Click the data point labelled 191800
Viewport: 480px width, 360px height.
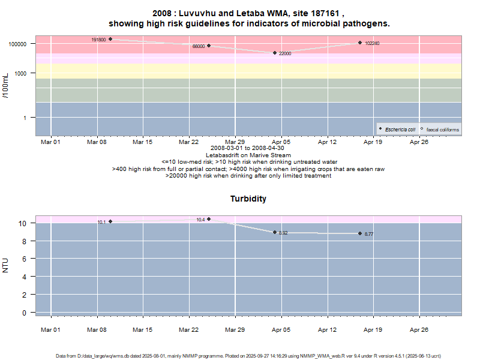pos(110,39)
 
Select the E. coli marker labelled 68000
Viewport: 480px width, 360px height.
pos(209,46)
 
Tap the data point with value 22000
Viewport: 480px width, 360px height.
pos(275,53)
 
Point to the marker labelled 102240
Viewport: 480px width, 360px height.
pos(360,43)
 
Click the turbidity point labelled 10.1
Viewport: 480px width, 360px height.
pos(110,221)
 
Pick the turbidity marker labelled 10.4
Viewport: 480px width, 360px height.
pos(209,219)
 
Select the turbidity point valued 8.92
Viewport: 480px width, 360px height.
pos(275,232)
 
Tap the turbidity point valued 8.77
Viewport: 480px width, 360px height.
pos(360,233)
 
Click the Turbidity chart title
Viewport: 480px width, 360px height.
pos(248,199)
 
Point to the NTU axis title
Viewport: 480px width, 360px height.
pos(6,265)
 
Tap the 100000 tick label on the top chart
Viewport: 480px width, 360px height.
pos(19,44)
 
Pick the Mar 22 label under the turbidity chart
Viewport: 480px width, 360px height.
pos(188,329)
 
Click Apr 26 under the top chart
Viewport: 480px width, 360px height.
pos(419,142)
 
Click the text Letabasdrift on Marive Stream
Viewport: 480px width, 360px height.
pos(248,155)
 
